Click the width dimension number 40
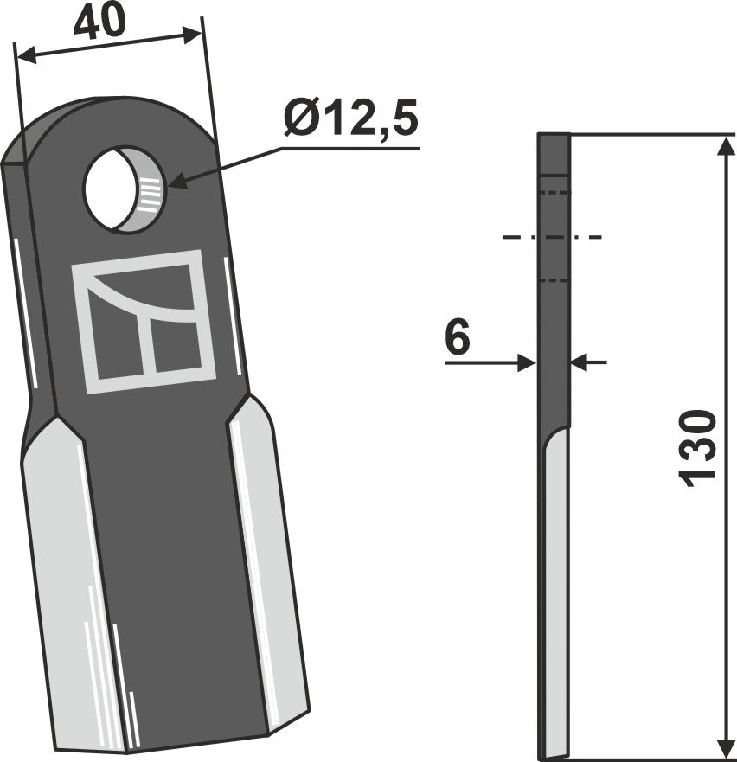[97, 21]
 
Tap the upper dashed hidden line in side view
[554, 192]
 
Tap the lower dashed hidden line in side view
[554, 280]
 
